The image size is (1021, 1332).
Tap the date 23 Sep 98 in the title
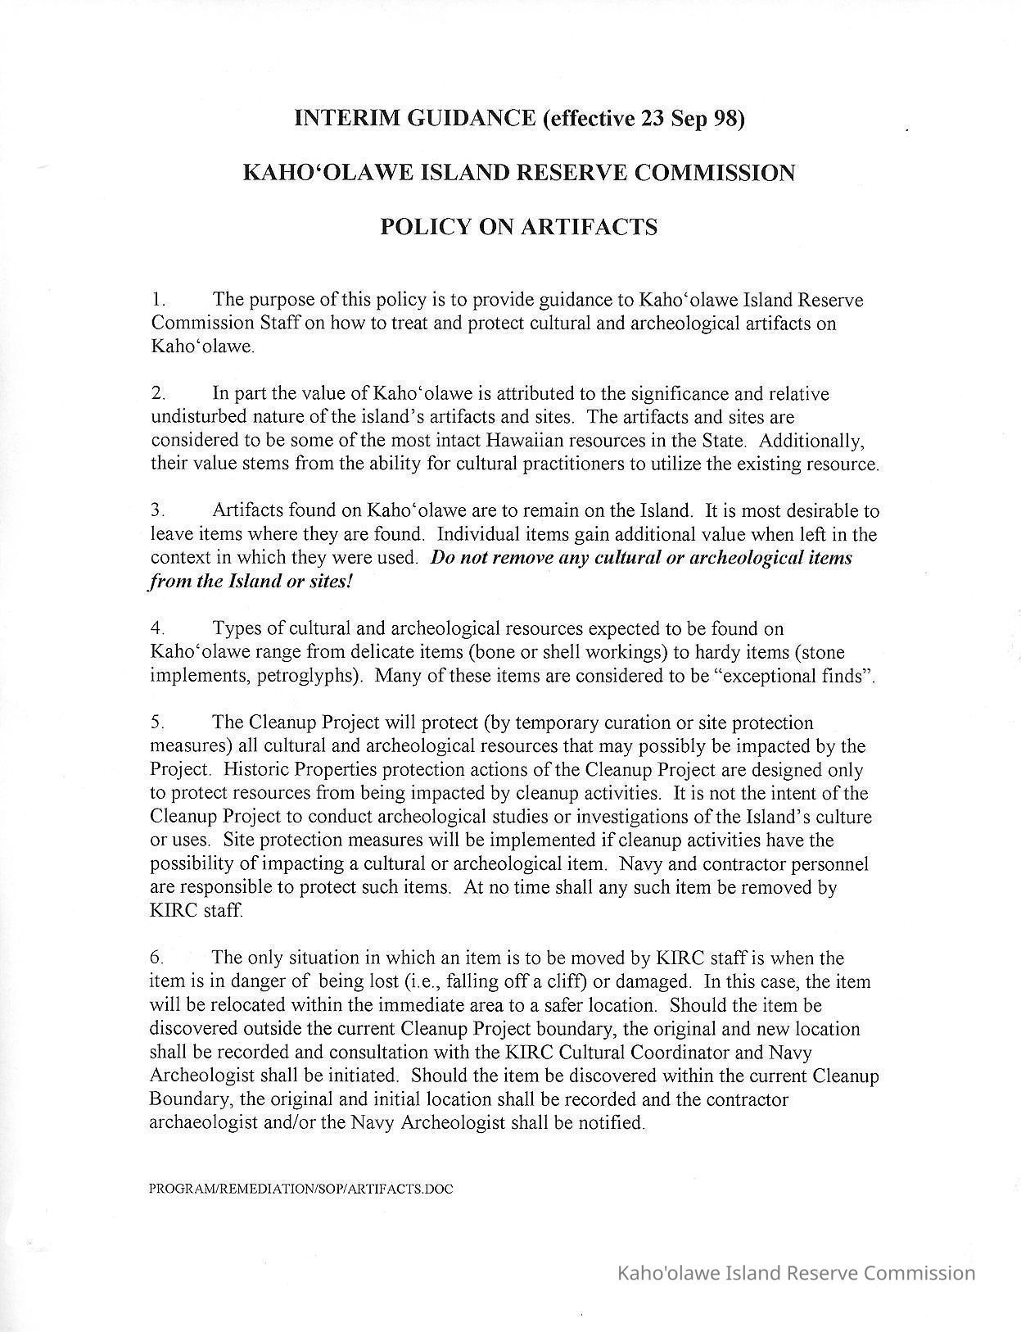[x=689, y=119]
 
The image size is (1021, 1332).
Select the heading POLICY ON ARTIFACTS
[x=518, y=227]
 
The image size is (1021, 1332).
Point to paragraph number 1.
[x=158, y=300]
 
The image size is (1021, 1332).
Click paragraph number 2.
[x=158, y=394]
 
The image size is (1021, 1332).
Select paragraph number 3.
[x=158, y=511]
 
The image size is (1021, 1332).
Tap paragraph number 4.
[x=158, y=629]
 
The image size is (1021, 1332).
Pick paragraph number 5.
[x=158, y=723]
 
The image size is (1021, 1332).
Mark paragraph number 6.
[x=158, y=958]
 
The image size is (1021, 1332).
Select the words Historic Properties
[x=299, y=770]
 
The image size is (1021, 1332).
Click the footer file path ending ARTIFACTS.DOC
[x=300, y=1189]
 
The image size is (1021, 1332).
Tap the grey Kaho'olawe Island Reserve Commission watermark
[x=795, y=1273]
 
